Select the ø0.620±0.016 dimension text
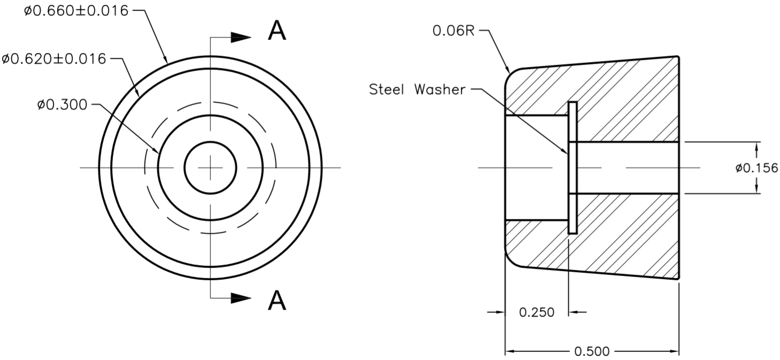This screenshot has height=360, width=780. pos(54,58)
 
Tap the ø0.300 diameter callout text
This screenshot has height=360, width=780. pos(62,104)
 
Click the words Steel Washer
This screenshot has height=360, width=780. pos(417,89)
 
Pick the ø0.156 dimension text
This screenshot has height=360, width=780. pos(756,168)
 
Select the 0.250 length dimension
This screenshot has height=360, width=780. pos(536,312)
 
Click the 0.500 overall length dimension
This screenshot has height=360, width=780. pos(592,351)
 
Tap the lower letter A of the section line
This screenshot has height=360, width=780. pos(276,301)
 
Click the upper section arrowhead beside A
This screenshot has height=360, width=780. pos(241,37)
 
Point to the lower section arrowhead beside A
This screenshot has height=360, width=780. pos(241,298)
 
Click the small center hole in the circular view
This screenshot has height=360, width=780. pos(211,168)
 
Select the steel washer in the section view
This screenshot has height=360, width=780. pos(573,168)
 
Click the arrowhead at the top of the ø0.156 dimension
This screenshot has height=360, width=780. pos(757,147)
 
